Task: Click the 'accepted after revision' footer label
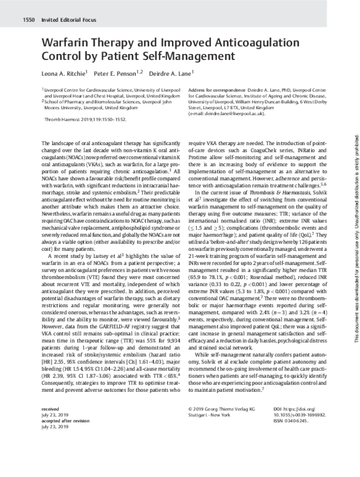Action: tap(65, 457)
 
